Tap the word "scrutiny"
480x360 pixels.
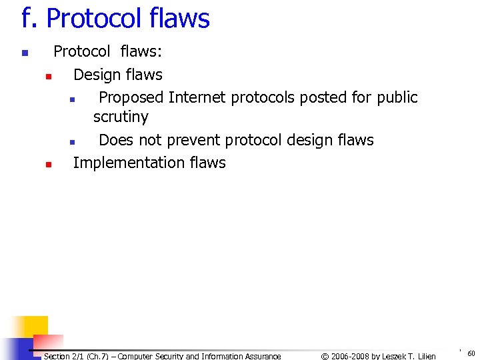(121, 117)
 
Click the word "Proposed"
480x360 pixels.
(131, 97)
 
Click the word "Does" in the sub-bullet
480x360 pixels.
(116, 140)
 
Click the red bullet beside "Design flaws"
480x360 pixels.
(48, 76)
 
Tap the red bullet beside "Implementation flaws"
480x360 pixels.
(48, 164)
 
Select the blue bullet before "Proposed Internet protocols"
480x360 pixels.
(71, 99)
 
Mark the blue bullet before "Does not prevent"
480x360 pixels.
(71, 141)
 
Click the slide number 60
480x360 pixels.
(471, 353)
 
